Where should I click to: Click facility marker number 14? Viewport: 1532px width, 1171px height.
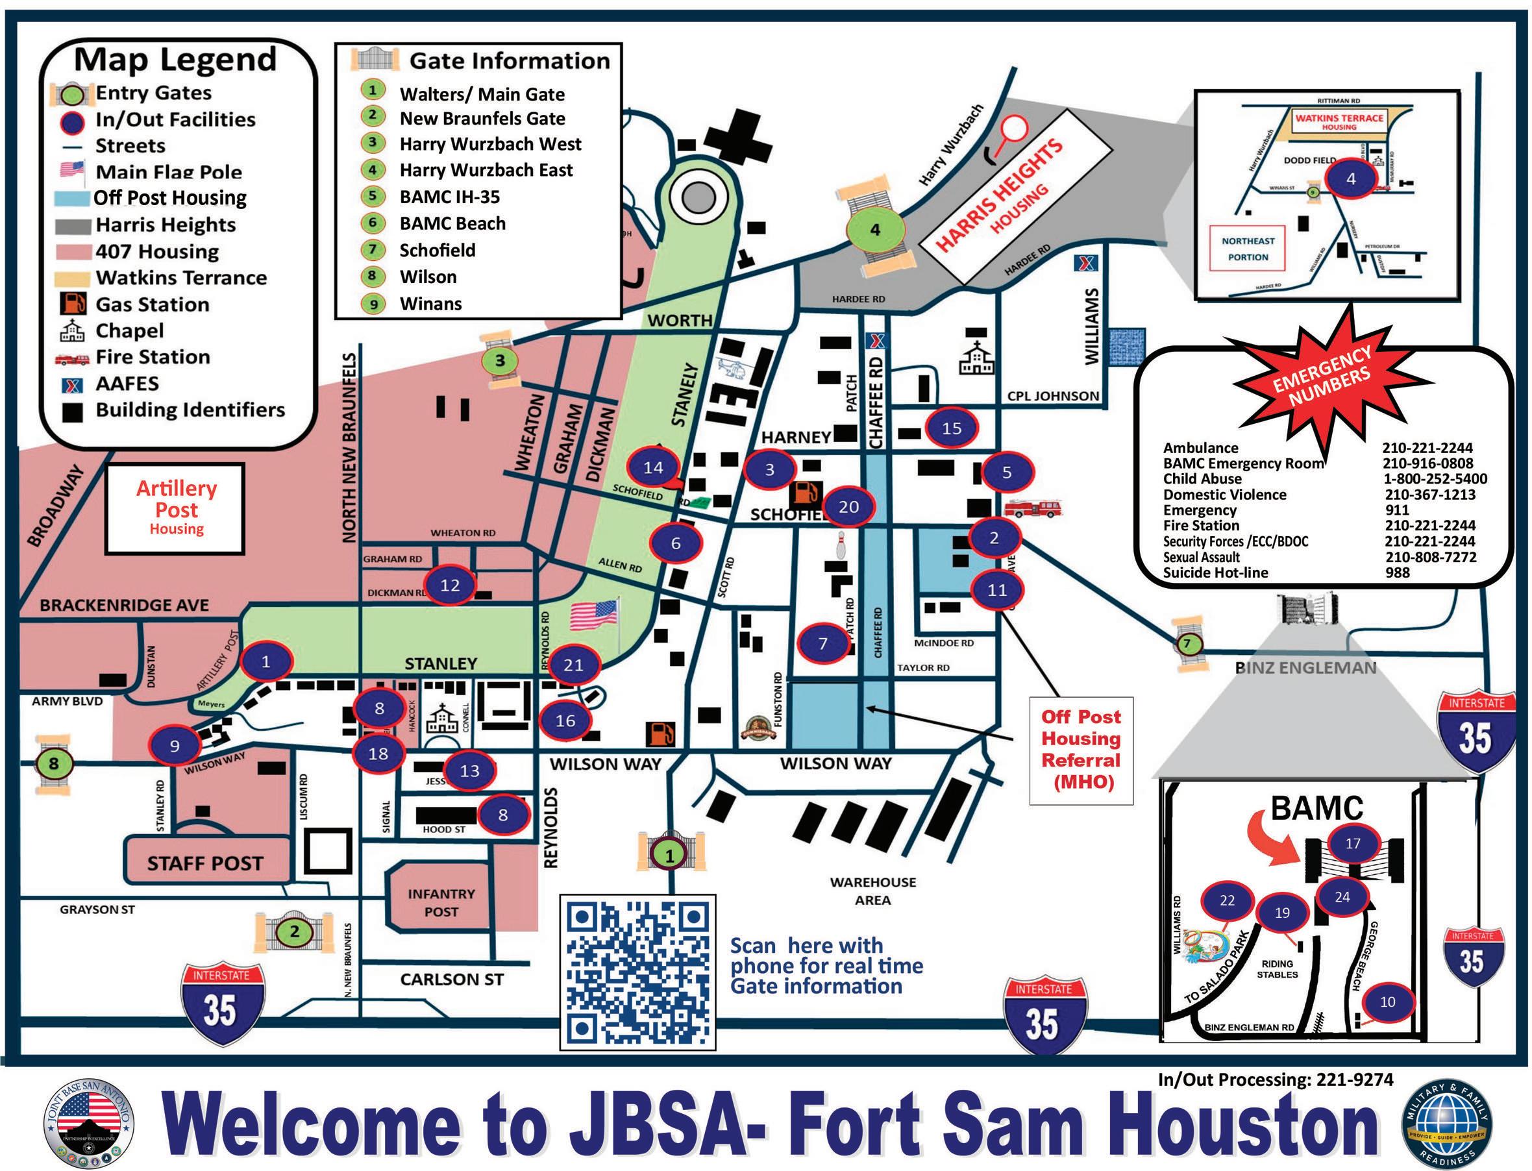tap(653, 468)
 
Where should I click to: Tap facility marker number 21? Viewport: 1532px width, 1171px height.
tap(574, 665)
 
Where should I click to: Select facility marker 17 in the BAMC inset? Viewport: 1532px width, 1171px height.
tap(1352, 843)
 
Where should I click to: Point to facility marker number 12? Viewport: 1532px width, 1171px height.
tap(451, 585)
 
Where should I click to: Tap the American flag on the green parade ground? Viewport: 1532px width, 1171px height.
tap(594, 615)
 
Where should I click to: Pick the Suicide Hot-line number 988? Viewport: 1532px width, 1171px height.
tap(1397, 573)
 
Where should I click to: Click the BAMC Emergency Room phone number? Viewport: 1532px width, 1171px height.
tap(1427, 463)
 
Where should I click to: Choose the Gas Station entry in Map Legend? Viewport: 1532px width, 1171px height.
tap(152, 304)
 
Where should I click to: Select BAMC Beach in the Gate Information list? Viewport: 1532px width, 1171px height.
tap(452, 224)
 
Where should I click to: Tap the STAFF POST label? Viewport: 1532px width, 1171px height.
tap(205, 863)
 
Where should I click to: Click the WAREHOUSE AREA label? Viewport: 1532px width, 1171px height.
tap(872, 891)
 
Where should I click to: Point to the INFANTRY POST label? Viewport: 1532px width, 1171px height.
tap(441, 903)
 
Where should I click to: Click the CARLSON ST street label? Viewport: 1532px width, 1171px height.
tap(451, 980)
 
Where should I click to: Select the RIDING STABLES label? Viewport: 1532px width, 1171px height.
tap(1277, 969)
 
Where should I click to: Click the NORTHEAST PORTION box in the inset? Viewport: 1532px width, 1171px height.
tap(1248, 249)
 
